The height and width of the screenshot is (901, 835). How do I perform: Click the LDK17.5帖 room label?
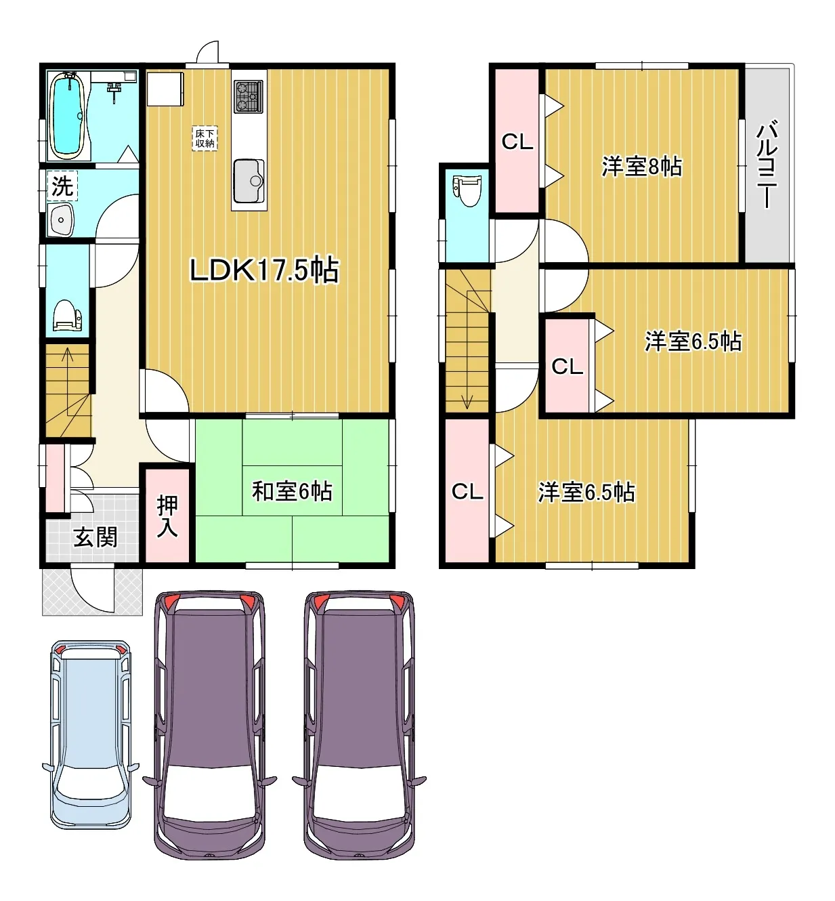pos(264,270)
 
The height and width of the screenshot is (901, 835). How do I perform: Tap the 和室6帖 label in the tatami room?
pos(292,491)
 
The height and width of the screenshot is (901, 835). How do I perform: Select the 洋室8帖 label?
pos(642,167)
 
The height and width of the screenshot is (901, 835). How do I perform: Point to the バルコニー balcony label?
pos(767,163)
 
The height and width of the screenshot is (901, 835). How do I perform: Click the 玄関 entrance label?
pos(95,537)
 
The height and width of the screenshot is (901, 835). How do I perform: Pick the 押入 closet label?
pos(167,517)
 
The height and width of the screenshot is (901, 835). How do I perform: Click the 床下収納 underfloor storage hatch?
pos(205,138)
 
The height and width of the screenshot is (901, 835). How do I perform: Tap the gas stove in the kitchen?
pos(249,96)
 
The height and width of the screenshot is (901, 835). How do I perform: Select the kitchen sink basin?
pos(249,181)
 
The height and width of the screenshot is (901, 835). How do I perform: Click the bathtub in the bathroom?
pos(67,116)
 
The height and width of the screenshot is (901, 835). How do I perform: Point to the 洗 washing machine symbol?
pos(62,186)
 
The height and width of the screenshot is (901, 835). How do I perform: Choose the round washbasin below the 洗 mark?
pos(61,219)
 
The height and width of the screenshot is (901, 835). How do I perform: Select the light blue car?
pos(91,734)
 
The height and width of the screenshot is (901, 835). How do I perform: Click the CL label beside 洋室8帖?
pos(517,142)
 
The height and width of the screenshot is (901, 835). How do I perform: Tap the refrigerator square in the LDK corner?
pos(165,89)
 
